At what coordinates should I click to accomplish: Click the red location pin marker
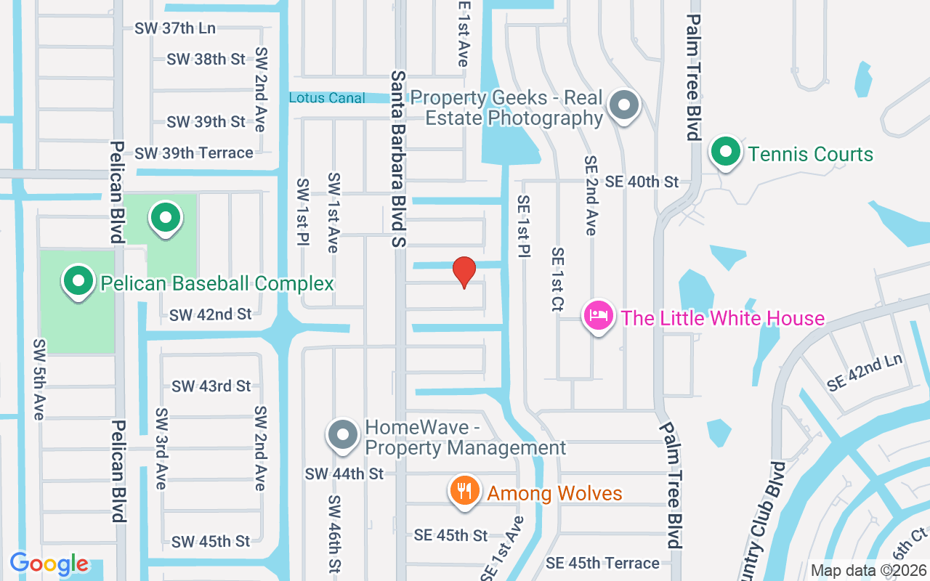click(464, 272)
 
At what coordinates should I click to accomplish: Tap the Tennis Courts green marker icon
click(725, 153)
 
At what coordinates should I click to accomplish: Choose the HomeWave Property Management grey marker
click(342, 435)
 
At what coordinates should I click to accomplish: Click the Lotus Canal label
click(327, 97)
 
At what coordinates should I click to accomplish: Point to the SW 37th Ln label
click(175, 28)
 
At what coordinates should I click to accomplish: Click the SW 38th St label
click(206, 60)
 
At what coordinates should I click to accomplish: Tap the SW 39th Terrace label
click(194, 153)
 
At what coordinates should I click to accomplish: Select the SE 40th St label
click(642, 182)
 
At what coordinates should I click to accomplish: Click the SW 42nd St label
click(211, 314)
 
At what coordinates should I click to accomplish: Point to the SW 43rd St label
click(211, 386)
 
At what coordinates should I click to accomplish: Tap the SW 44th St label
click(344, 474)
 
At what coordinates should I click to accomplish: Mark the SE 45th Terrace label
click(603, 563)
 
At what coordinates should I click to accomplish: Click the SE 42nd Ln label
click(864, 373)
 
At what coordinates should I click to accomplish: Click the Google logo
click(49, 564)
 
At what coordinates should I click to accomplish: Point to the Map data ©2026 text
click(868, 571)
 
